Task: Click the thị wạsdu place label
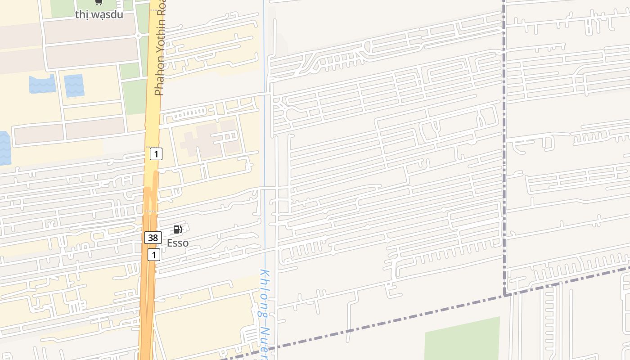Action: [x=99, y=14]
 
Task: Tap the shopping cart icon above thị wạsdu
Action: [x=99, y=2]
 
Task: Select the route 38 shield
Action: [x=153, y=238]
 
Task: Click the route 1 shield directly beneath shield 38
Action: [x=154, y=255]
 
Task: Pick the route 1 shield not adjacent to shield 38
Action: [x=156, y=154]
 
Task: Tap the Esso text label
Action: [x=178, y=243]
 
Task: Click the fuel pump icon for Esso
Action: [x=178, y=230]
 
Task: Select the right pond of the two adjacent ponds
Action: [x=74, y=85]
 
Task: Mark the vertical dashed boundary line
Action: [x=504, y=135]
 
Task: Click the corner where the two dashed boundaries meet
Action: [x=504, y=295]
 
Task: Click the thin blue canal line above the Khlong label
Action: [x=265, y=135]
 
